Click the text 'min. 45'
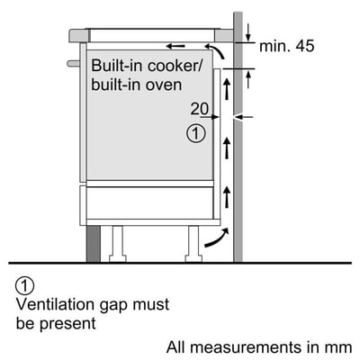pos(287,46)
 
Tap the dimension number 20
pos(199,108)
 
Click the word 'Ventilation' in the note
pos(55,304)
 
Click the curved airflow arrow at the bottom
pos(214,238)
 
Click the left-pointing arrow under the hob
pos(179,43)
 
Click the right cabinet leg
pos(193,241)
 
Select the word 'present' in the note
pos(73,322)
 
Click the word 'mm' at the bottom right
pos(338,346)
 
